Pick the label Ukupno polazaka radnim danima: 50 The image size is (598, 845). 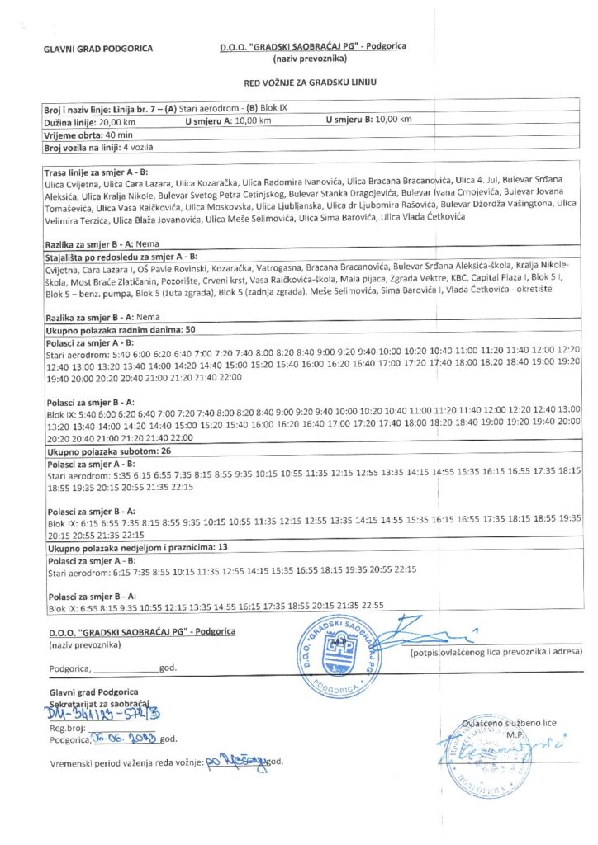[121, 329]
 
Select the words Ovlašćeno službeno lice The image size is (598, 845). [509, 724]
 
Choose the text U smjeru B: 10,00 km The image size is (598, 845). [368, 120]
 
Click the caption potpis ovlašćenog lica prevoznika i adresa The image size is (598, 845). [496, 652]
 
